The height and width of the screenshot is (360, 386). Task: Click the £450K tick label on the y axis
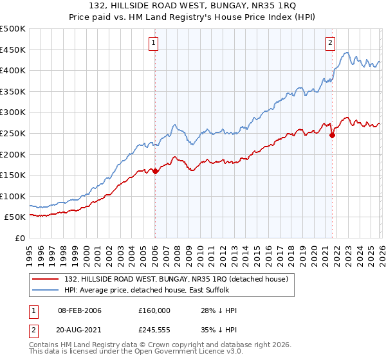(13, 50)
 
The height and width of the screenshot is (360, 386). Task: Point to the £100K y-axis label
(13, 196)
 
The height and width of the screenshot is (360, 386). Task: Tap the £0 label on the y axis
(19, 239)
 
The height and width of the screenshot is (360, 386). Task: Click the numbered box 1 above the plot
(154, 43)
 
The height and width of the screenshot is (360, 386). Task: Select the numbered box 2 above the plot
(330, 43)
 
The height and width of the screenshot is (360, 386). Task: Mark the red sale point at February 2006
(155, 171)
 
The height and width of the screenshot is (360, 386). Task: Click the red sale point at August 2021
(332, 135)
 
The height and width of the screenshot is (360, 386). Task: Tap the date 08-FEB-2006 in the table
(80, 310)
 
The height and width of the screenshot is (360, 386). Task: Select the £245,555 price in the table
(154, 332)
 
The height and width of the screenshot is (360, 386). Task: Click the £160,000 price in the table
(154, 310)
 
